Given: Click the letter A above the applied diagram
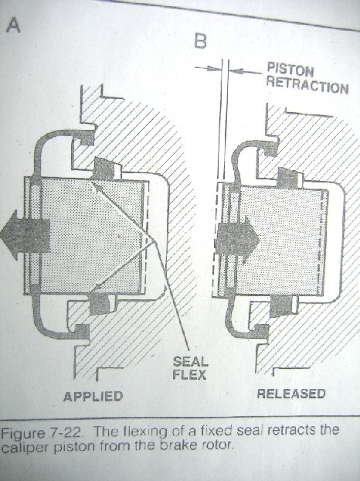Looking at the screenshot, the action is (x=13, y=25).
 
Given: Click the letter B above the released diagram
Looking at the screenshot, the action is (x=201, y=40).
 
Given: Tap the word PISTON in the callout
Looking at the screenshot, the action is (x=290, y=70).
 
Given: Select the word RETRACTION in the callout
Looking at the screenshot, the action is (x=307, y=86).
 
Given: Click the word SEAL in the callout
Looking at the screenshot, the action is (x=190, y=362).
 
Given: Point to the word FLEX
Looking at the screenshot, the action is (x=189, y=375).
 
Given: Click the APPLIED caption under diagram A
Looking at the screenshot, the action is (x=93, y=397).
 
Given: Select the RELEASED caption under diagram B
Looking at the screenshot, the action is (x=291, y=394).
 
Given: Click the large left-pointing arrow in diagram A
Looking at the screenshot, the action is (x=25, y=235).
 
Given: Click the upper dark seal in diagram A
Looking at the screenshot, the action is (x=104, y=169).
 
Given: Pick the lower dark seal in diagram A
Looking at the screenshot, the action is (x=100, y=304).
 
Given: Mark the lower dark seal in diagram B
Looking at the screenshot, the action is (x=281, y=307).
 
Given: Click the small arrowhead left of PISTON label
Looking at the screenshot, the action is (x=214, y=69).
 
